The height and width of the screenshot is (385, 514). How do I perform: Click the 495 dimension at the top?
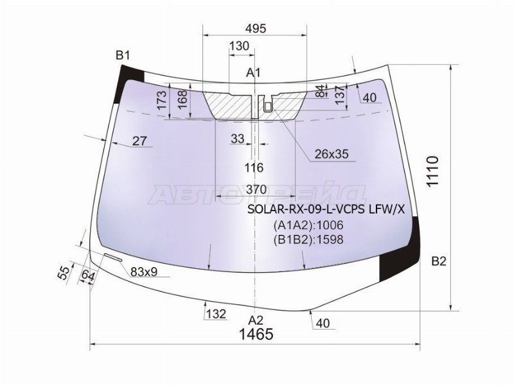pyautogui.click(x=256, y=28)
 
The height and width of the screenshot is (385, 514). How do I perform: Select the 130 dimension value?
pyautogui.click(x=239, y=46)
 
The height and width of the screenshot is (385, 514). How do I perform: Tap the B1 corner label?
pyautogui.click(x=123, y=55)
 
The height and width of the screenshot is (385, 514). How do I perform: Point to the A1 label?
pyautogui.click(x=253, y=73)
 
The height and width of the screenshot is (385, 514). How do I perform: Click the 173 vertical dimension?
pyautogui.click(x=163, y=101)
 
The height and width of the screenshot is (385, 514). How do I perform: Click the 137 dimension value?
pyautogui.click(x=341, y=94)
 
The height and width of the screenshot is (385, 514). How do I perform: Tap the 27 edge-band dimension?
pyautogui.click(x=139, y=141)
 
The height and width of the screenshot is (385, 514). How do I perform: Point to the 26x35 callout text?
pyautogui.click(x=332, y=153)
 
